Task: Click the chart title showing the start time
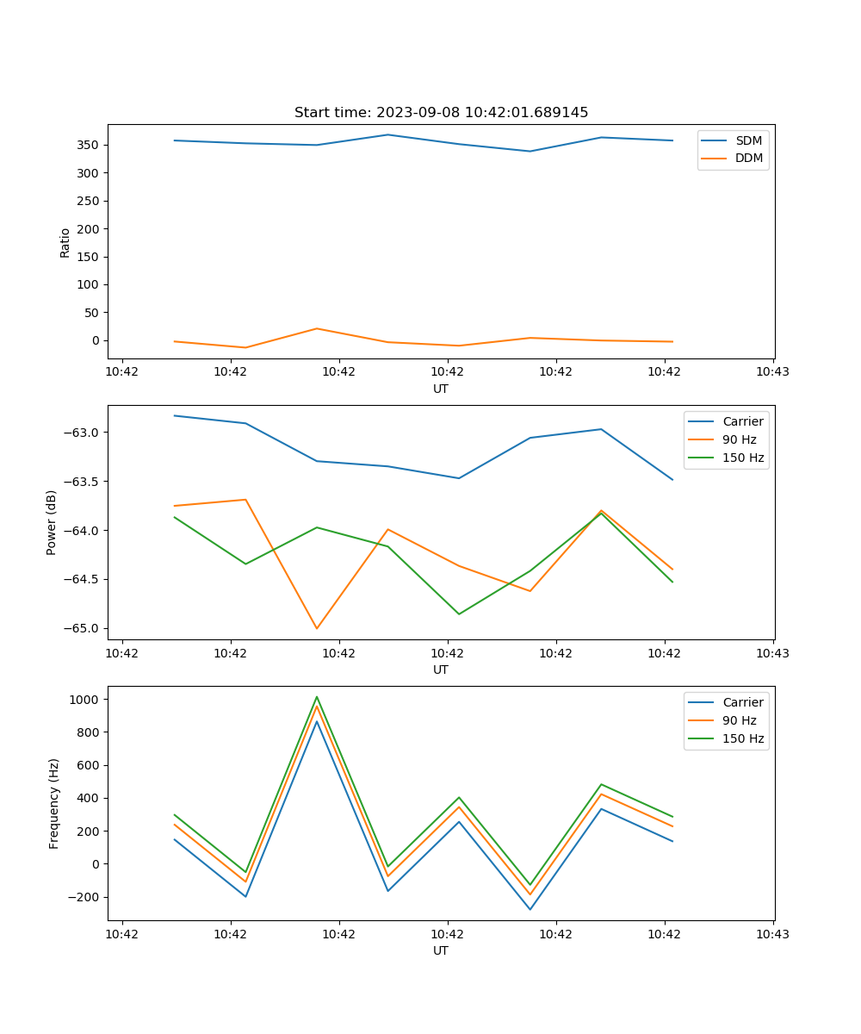(441, 113)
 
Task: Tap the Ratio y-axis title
(65, 242)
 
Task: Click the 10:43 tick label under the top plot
(773, 372)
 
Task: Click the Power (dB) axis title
(53, 522)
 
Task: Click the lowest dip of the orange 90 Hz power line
(317, 628)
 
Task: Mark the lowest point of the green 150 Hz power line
(459, 614)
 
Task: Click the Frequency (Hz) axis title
(54, 803)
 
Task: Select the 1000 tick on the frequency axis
(84, 700)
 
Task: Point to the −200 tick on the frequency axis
(83, 897)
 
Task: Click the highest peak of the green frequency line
(317, 696)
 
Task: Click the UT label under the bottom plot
(441, 950)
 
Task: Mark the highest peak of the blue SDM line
(388, 134)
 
